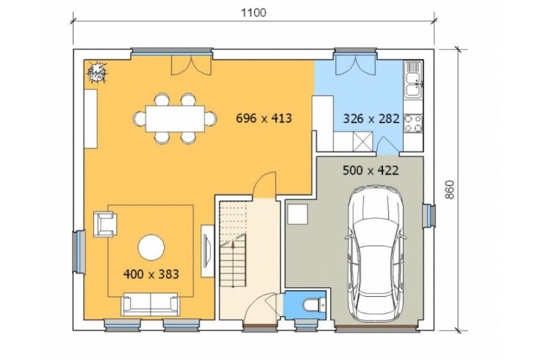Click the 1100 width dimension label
tap(254, 12)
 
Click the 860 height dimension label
tap(449, 190)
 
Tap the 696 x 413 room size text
tap(264, 118)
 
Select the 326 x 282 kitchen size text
tap(371, 119)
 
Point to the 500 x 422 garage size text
tap(370, 170)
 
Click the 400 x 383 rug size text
tap(151, 274)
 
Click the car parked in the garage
tap(376, 253)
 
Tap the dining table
tap(175, 118)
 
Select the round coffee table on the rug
tap(151, 248)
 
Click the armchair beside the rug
tap(105, 225)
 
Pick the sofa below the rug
tap(151, 304)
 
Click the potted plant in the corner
tap(97, 72)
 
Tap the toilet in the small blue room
tap(314, 305)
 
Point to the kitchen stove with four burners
tap(413, 123)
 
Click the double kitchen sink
tap(413, 79)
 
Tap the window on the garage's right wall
tap(429, 216)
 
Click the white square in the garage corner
tap(298, 214)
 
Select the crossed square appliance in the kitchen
tap(362, 142)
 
